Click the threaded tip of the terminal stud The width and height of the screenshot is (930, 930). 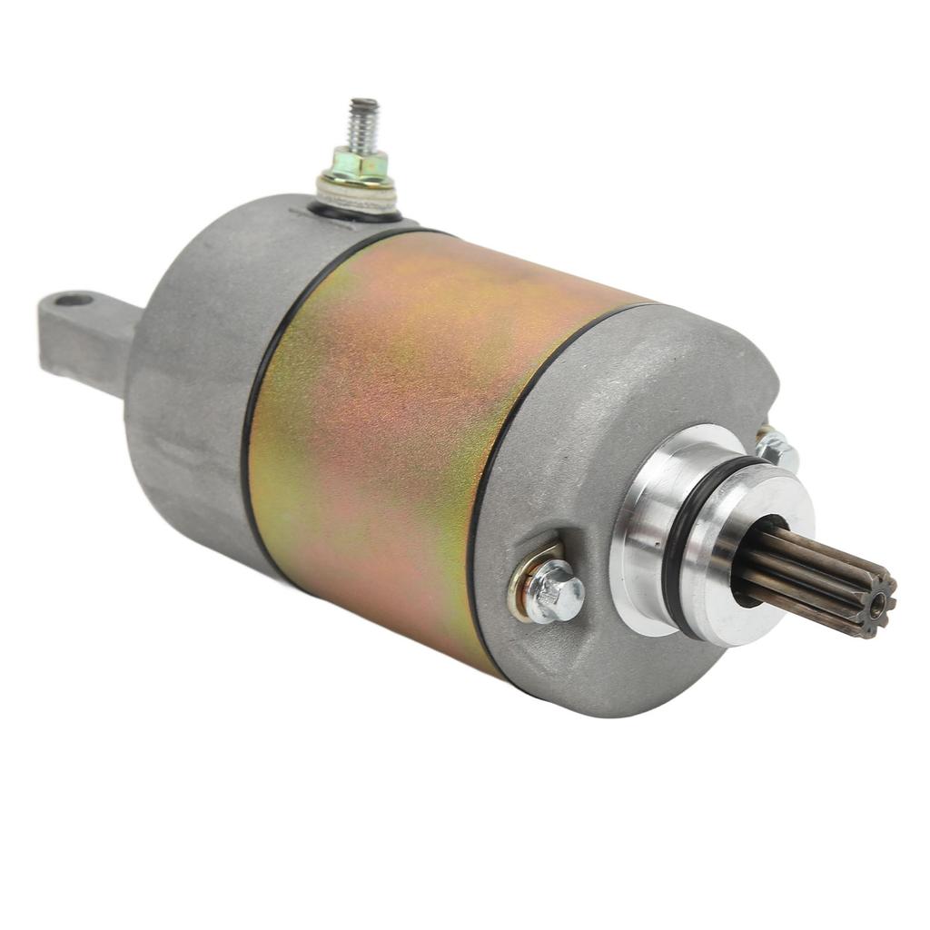364,123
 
